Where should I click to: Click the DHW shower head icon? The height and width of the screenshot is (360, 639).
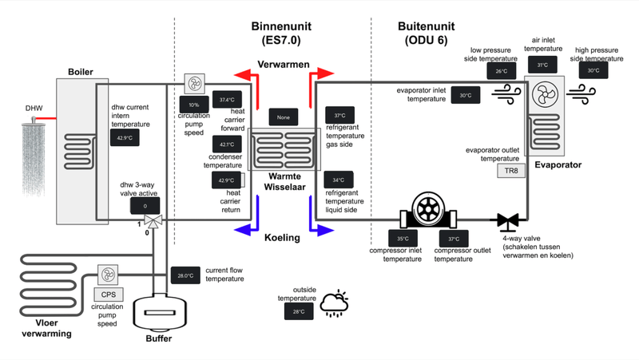click(x=33, y=152)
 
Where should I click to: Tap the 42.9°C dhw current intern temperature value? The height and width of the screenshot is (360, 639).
click(x=125, y=137)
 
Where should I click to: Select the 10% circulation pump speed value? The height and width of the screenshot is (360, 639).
click(x=194, y=105)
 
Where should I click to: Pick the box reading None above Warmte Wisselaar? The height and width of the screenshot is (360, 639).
click(x=284, y=117)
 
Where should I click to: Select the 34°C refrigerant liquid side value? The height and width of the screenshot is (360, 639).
click(x=339, y=180)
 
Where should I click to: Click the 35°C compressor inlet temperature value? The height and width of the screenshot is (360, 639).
click(x=403, y=239)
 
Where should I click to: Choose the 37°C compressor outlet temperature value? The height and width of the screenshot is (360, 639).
click(x=454, y=239)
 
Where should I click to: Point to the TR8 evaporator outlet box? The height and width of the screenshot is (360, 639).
click(x=511, y=171)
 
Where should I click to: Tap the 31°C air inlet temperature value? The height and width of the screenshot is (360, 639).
click(x=542, y=65)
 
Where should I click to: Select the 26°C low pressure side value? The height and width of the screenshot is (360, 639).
click(x=502, y=71)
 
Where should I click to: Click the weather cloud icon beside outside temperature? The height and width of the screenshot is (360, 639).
click(x=334, y=303)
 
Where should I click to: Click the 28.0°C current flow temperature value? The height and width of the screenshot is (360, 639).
click(x=185, y=276)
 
